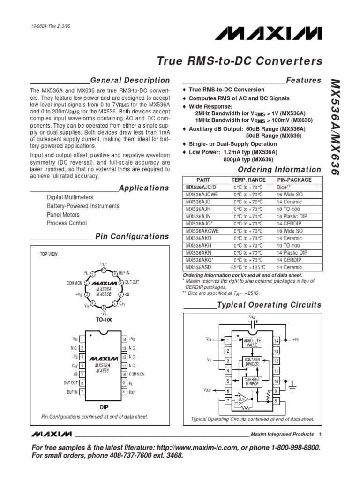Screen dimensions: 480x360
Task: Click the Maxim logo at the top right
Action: click(x=275, y=34)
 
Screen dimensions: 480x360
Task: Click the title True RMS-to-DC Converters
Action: click(x=240, y=61)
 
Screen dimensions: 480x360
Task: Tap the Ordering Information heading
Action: click(x=279, y=170)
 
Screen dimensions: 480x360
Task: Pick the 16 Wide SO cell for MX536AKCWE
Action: click(x=290, y=231)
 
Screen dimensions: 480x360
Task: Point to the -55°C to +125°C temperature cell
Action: click(x=248, y=267)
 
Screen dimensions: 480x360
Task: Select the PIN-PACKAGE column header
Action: click(x=294, y=180)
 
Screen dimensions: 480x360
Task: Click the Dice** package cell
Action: click(x=285, y=187)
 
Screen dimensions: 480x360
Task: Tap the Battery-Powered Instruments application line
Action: click(x=83, y=206)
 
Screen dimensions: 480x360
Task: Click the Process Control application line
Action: click(x=67, y=223)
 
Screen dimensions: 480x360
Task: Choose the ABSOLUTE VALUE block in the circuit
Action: click(x=253, y=343)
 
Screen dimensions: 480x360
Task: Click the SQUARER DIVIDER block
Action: click(x=253, y=362)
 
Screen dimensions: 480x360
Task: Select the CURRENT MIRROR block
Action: click(x=253, y=381)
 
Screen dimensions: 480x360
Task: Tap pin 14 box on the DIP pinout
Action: click(x=124, y=339)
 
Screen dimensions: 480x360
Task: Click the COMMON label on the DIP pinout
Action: click(x=137, y=374)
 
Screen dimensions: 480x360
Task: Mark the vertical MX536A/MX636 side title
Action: click(x=340, y=127)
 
